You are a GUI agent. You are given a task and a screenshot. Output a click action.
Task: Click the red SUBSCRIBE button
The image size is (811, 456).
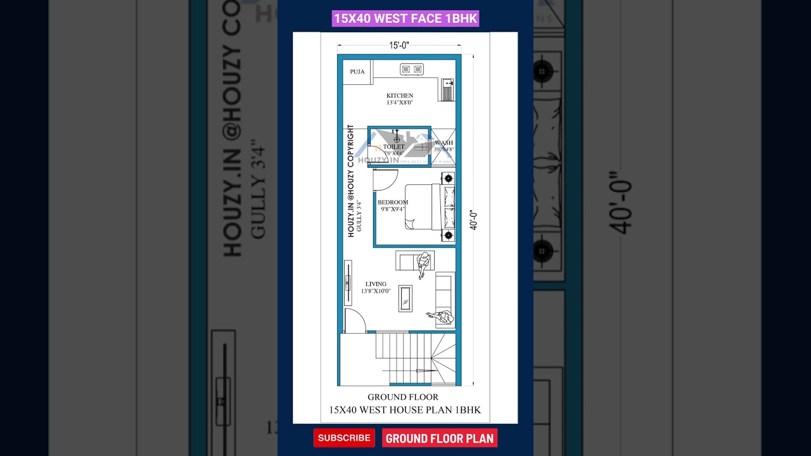tap(344, 438)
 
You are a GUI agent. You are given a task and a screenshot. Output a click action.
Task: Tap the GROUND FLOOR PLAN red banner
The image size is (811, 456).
tap(439, 438)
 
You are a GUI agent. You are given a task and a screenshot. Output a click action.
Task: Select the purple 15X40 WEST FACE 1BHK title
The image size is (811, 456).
tap(405, 18)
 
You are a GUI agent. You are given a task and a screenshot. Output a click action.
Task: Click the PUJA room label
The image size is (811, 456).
tap(357, 72)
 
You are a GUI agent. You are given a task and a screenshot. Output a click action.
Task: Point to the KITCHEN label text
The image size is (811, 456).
tap(400, 96)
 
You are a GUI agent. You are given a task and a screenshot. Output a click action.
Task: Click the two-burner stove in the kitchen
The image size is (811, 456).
tap(412, 69)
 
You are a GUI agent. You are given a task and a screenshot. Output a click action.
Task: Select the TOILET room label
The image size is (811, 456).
tap(393, 147)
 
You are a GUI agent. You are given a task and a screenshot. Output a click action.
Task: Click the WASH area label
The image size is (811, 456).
tap(444, 143)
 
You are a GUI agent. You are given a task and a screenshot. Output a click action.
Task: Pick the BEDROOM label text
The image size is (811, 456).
tap(393, 203)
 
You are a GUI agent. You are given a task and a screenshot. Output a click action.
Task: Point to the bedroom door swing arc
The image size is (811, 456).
tap(385, 180)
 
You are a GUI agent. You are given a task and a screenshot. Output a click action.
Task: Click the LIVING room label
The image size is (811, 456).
tap(376, 284)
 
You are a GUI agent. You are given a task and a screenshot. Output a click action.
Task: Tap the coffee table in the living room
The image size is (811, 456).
tap(405, 298)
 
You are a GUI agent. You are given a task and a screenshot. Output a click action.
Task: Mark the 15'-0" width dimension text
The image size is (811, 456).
tap(399, 45)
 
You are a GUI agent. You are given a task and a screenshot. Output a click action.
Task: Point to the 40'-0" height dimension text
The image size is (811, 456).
tap(473, 220)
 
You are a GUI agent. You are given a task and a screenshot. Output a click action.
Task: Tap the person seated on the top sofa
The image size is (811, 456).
tap(423, 262)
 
